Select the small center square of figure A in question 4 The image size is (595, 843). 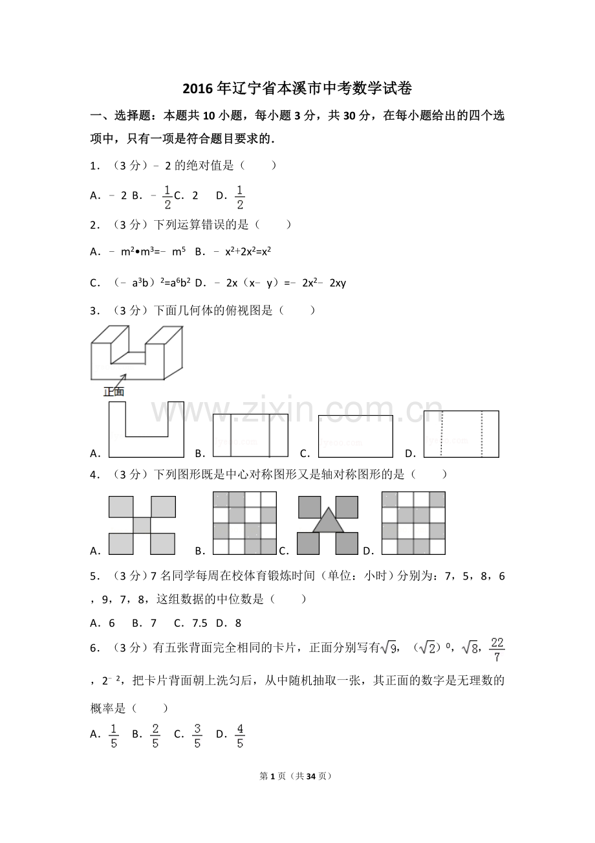click(142, 525)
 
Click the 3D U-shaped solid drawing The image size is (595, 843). click(137, 353)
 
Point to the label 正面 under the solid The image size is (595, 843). click(114, 392)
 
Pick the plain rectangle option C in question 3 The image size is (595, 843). click(356, 436)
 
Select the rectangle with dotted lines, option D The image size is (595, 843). click(461, 434)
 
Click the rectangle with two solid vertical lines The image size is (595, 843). click(250, 436)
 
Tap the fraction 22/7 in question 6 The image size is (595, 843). click(497, 650)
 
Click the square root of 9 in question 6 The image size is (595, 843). click(388, 648)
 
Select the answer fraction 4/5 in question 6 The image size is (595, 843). click(240, 736)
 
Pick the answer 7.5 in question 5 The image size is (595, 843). click(200, 624)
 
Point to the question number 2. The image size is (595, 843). click(94, 225)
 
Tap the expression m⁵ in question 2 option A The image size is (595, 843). click(178, 251)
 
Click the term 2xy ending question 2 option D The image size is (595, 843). click(338, 283)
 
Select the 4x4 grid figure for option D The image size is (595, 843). click(413, 523)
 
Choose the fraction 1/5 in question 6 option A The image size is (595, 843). click(114, 736)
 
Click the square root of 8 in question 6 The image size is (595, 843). click(470, 648)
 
